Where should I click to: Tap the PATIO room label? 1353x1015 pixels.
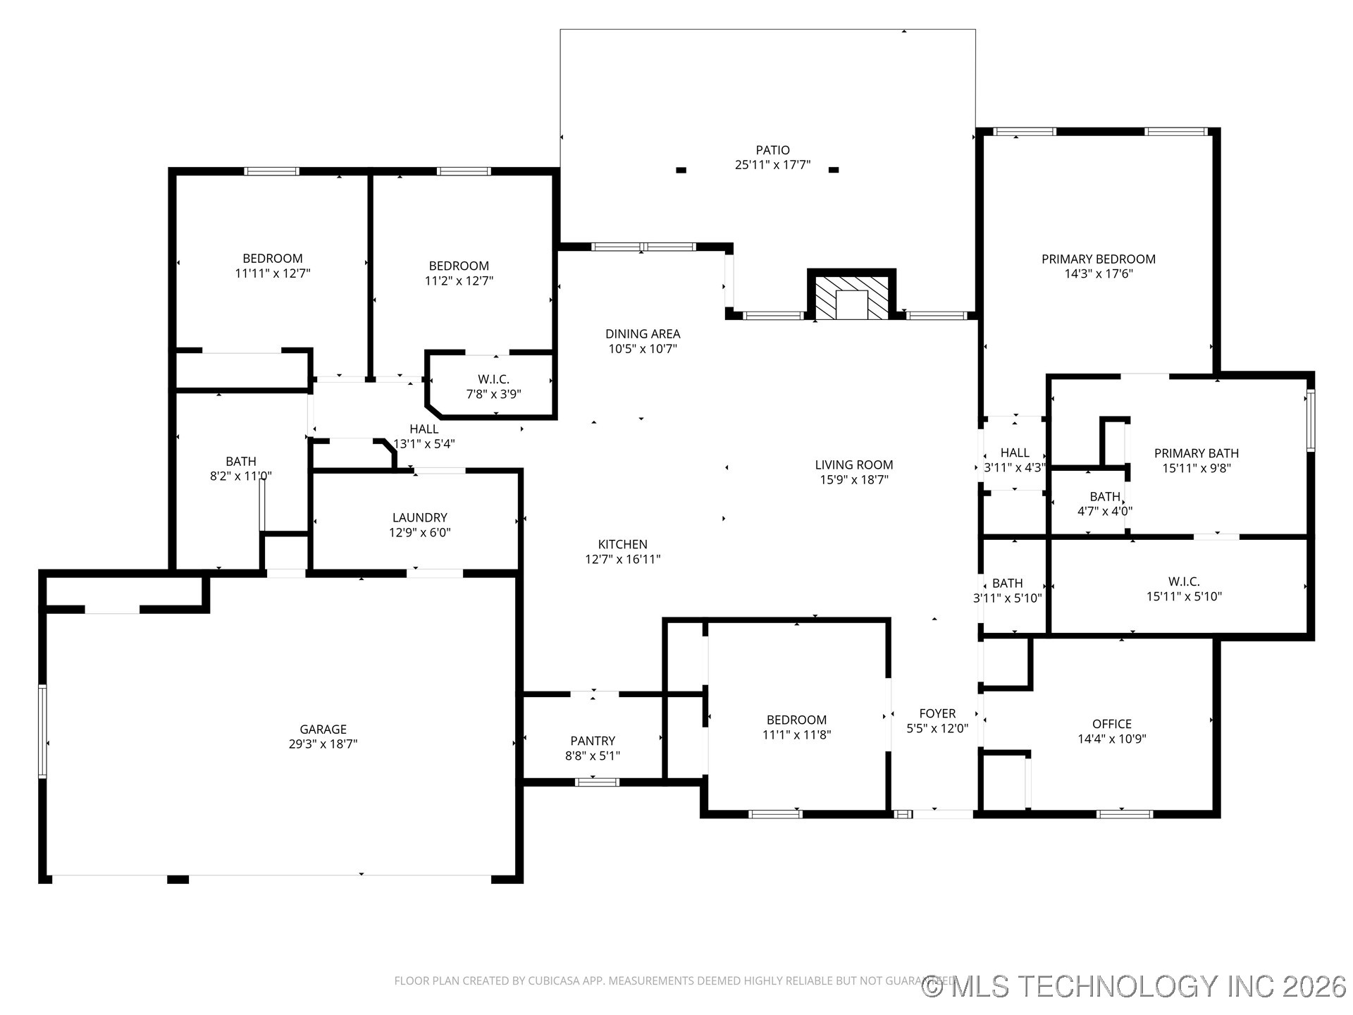click(x=772, y=150)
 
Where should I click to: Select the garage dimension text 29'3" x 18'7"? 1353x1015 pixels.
click(x=323, y=744)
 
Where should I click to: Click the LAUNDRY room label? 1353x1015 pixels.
click(x=419, y=517)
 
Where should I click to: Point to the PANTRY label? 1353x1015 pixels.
click(x=593, y=741)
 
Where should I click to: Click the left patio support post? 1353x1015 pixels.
click(x=681, y=170)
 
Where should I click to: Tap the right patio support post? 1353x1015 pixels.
click(x=834, y=170)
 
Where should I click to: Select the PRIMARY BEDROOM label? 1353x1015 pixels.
click(x=1098, y=259)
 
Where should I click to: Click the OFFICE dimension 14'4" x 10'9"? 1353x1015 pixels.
click(x=1111, y=739)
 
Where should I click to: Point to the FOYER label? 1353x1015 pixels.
click(x=937, y=713)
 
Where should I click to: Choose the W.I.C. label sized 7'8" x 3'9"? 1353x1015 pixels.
click(x=493, y=379)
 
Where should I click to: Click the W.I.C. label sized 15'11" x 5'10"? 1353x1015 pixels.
click(x=1183, y=582)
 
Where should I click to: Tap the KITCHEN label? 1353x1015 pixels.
click(x=622, y=544)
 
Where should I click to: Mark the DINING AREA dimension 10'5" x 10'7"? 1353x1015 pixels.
click(x=642, y=349)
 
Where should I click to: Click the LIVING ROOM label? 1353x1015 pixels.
click(x=853, y=465)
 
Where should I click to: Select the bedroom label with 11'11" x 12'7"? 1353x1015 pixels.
click(x=272, y=259)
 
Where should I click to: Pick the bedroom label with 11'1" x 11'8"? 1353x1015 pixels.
click(x=796, y=720)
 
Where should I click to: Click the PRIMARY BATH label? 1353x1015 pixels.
click(x=1196, y=453)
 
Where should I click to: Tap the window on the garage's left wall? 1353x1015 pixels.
click(x=42, y=731)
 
